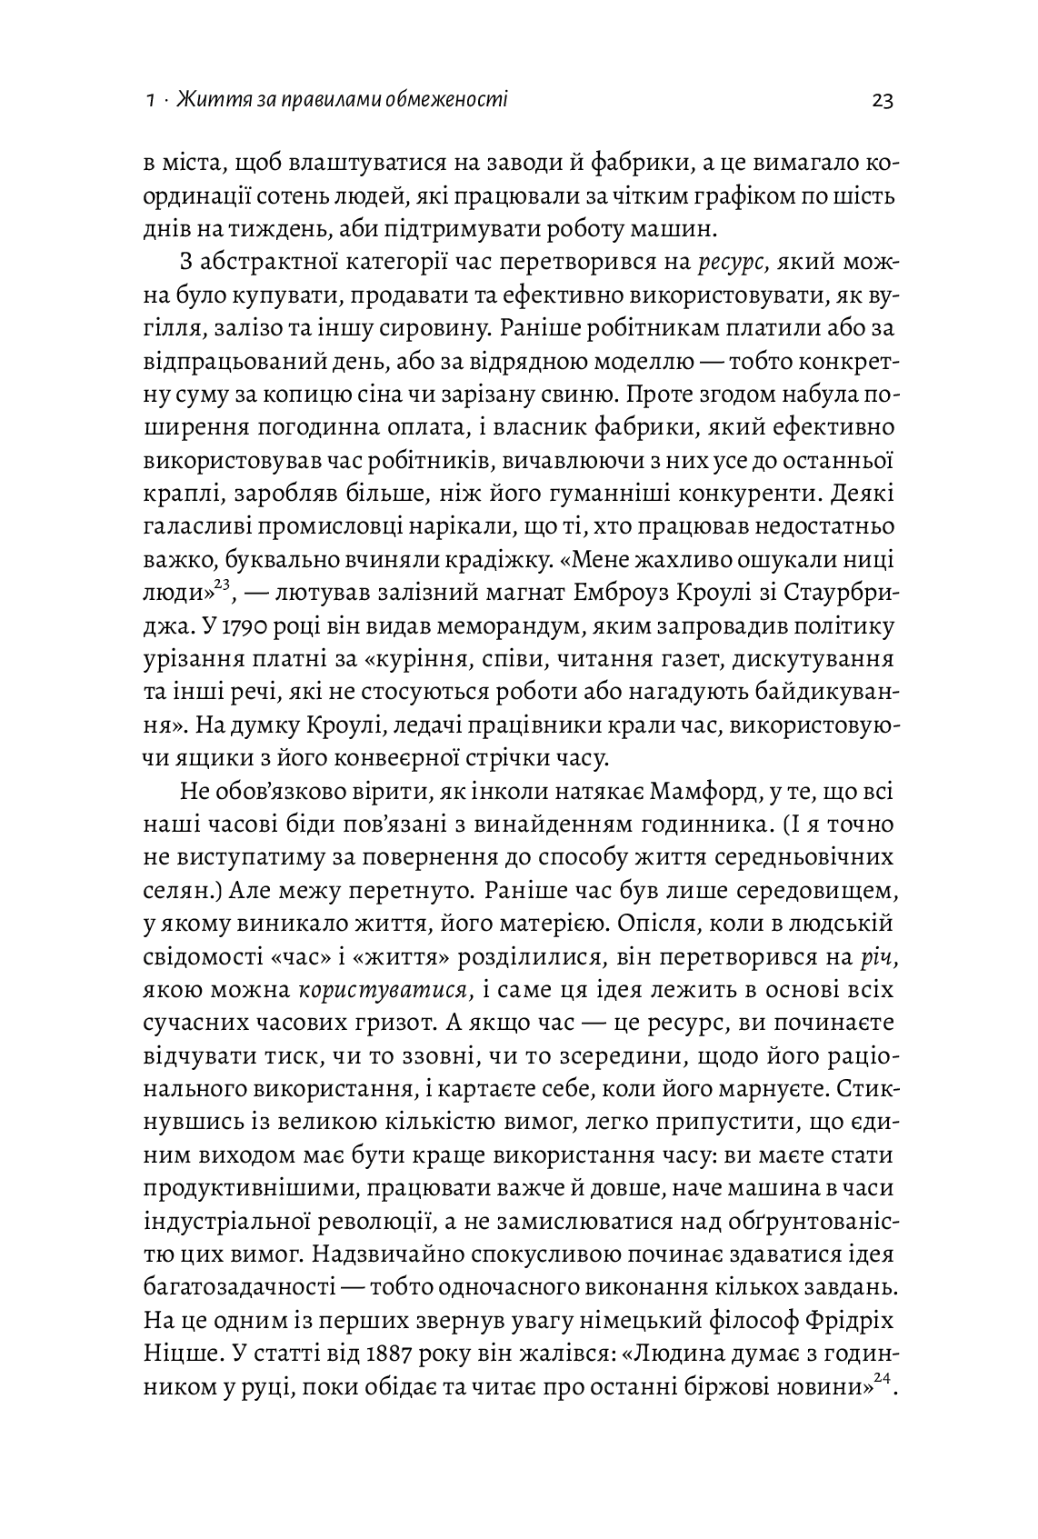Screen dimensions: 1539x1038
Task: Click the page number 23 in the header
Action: [x=882, y=100]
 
